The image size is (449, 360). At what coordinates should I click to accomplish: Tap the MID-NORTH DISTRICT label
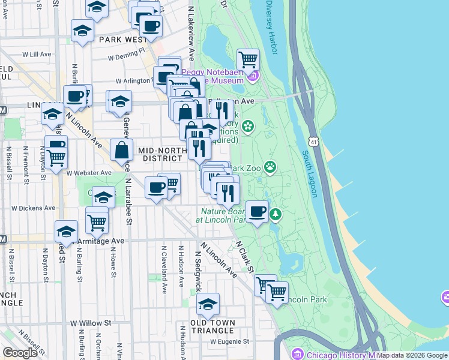point(160,154)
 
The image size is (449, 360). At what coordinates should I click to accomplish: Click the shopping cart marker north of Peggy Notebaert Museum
point(248,60)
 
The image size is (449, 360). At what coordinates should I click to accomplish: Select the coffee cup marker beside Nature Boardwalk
point(257,211)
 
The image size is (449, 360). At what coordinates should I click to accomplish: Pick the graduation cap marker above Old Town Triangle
point(208,304)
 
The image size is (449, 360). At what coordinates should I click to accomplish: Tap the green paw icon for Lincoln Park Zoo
point(271,166)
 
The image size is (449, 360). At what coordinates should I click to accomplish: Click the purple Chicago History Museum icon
point(296,355)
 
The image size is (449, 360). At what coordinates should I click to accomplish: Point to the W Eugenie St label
point(229,342)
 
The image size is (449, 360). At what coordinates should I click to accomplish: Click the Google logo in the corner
point(20,353)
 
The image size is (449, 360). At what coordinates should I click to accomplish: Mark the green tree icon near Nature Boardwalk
point(276,213)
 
